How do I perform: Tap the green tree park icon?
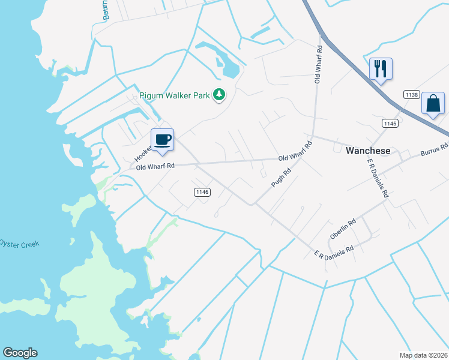(x=220, y=94)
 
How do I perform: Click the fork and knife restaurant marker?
(x=381, y=68)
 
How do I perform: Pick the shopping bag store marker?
(x=433, y=103)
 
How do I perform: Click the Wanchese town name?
(x=368, y=151)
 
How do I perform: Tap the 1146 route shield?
(x=202, y=192)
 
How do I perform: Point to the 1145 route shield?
(x=390, y=123)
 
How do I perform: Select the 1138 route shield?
(x=411, y=95)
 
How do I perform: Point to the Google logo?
(x=20, y=353)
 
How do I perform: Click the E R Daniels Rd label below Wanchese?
(x=376, y=179)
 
